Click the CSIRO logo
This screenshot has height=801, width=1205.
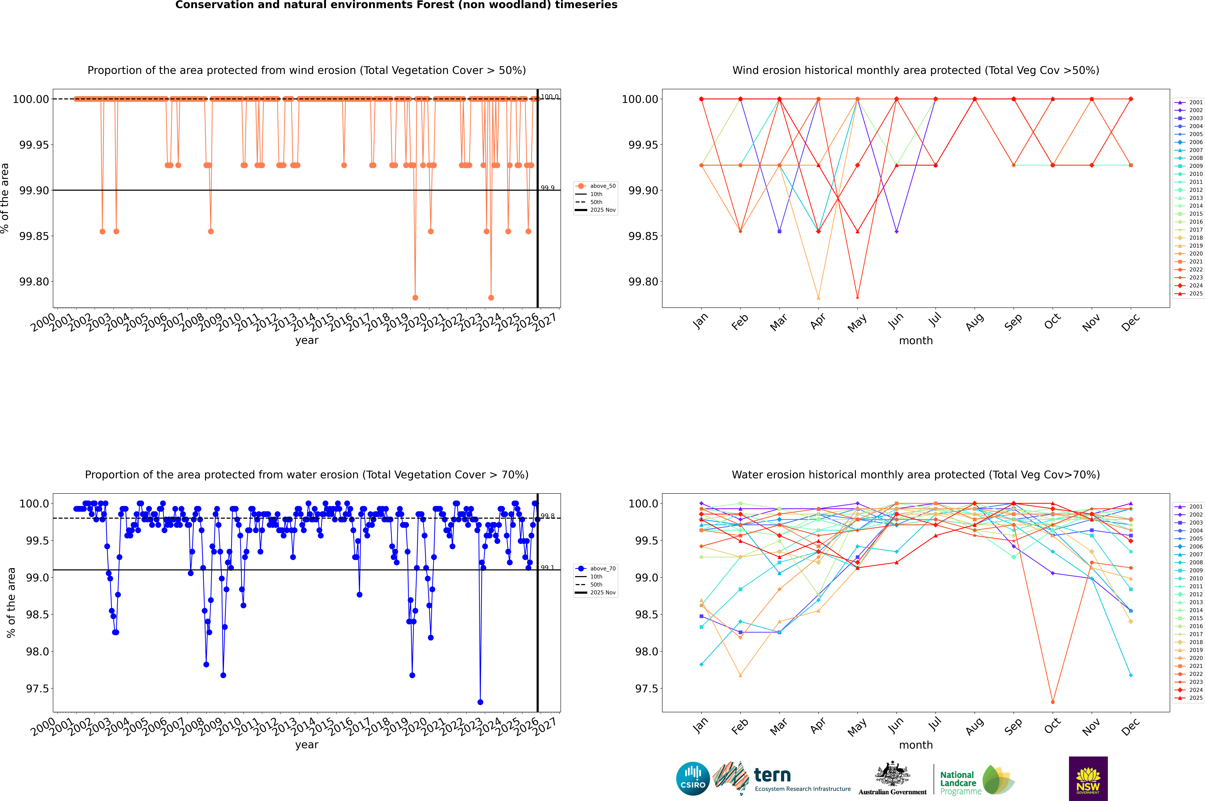(x=693, y=779)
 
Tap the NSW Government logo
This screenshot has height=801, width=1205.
(x=1088, y=779)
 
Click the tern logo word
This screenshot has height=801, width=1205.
(x=772, y=776)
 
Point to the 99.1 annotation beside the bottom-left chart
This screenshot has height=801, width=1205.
(x=548, y=568)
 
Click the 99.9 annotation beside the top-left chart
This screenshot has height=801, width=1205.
(x=548, y=188)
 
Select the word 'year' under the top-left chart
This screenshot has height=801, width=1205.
(x=307, y=340)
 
